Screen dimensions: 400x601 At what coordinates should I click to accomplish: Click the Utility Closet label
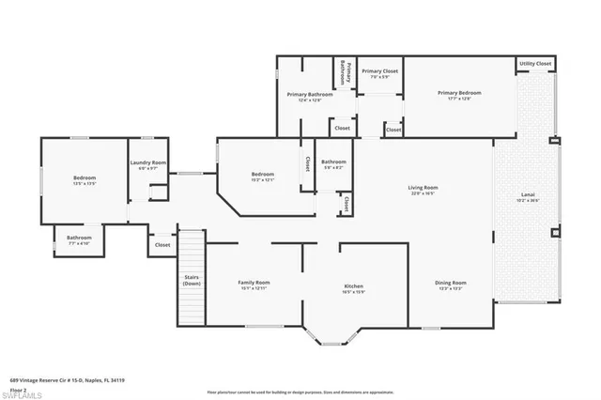535,64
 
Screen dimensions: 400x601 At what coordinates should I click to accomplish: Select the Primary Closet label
379,71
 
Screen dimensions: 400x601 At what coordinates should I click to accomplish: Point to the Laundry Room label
147,163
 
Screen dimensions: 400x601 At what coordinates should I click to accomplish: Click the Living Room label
423,188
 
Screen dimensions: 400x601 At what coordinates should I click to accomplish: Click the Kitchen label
353,286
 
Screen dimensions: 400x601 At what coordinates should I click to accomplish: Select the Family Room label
254,283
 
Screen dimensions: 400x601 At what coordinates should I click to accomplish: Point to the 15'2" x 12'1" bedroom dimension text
262,179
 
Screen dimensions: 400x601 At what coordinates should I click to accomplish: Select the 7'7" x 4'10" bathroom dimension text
78,243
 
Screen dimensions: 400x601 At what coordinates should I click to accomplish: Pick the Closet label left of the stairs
162,245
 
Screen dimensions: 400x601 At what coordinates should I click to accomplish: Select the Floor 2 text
19,388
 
